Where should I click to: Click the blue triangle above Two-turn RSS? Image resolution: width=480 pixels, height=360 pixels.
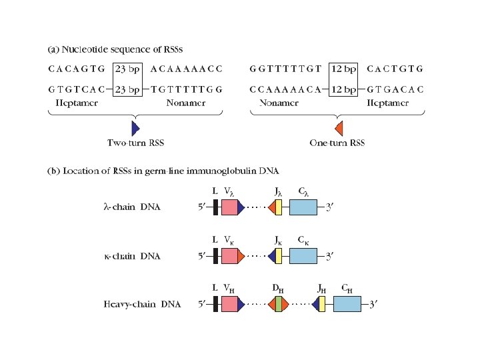(135, 127)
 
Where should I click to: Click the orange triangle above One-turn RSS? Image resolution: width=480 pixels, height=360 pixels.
(338, 127)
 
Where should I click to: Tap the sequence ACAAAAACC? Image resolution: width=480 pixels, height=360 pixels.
(187, 69)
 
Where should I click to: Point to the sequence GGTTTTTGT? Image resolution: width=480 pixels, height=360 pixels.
(285, 69)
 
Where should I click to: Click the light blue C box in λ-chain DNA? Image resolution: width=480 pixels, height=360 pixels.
(303, 207)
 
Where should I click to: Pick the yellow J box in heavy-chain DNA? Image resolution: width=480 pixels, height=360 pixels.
(322, 305)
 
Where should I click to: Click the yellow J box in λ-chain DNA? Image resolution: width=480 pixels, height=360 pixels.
(279, 207)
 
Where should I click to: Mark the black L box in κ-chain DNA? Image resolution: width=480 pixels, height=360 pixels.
(215, 256)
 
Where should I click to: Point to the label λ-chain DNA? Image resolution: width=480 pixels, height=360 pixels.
(132, 207)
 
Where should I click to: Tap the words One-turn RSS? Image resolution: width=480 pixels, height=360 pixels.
(337, 143)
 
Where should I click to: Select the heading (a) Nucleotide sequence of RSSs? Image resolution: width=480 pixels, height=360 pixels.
(115, 50)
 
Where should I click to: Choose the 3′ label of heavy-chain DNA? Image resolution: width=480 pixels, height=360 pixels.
(375, 305)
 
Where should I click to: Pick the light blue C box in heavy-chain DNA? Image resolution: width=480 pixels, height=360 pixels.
(347, 305)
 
